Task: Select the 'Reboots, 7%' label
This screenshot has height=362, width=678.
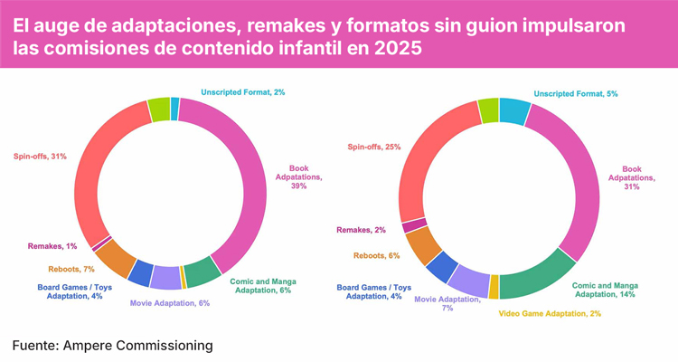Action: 71,269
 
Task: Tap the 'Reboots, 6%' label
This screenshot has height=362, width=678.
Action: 377,255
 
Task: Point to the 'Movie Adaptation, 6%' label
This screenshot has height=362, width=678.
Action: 169,303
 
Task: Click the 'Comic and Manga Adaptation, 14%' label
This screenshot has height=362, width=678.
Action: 605,289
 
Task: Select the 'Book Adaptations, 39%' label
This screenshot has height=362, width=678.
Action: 298,176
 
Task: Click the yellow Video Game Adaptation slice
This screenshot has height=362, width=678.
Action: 494,287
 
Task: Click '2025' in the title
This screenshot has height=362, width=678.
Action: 398,49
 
